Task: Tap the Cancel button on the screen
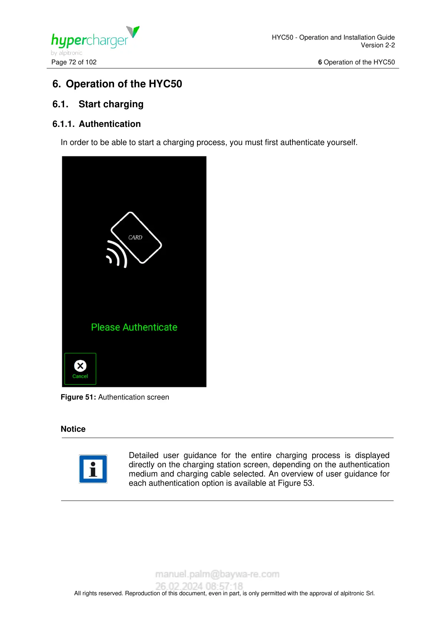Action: click(80, 369)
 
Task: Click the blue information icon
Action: click(93, 469)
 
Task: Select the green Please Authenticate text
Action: click(134, 327)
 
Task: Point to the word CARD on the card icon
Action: click(135, 238)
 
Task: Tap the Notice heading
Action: click(73, 429)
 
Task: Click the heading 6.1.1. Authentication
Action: click(97, 124)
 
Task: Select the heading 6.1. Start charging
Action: click(98, 104)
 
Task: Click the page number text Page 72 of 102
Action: click(74, 62)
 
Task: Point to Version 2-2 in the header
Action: click(378, 45)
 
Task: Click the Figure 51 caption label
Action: click(78, 397)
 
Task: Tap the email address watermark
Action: click(217, 574)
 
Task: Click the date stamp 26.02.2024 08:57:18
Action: click(199, 586)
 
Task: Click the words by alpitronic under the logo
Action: click(67, 53)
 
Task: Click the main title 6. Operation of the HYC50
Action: click(117, 84)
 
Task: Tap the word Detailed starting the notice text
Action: click(144, 455)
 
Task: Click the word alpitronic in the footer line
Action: click(352, 593)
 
